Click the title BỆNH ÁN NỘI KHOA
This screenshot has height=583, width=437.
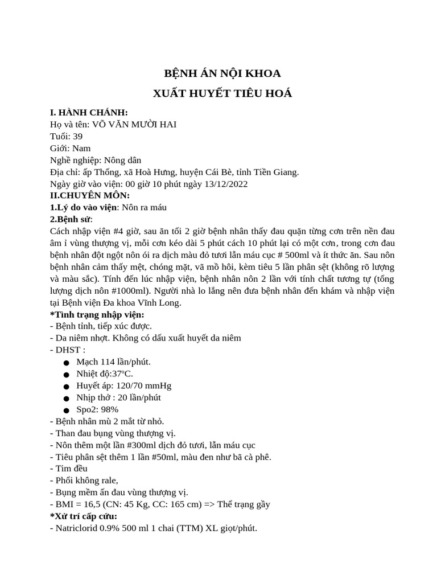[x=222, y=73]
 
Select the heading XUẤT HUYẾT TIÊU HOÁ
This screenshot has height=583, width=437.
[x=222, y=93]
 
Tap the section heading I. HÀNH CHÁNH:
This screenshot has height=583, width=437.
[x=89, y=112]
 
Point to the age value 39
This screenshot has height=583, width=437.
[x=77, y=136]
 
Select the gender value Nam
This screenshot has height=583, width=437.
[x=81, y=148]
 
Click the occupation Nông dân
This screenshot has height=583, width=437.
[x=122, y=160]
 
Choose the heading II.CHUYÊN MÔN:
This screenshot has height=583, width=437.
[x=90, y=195]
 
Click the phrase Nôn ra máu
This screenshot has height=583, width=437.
[x=144, y=207]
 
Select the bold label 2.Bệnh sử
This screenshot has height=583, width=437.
[x=71, y=219]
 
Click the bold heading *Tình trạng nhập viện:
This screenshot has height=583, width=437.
[x=97, y=314]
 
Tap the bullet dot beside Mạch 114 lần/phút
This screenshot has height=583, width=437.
[x=67, y=362]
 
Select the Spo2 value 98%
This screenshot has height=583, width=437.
[x=109, y=409]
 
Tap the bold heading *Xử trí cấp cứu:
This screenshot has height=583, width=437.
[x=84, y=516]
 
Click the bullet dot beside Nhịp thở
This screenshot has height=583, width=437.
[x=67, y=398]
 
